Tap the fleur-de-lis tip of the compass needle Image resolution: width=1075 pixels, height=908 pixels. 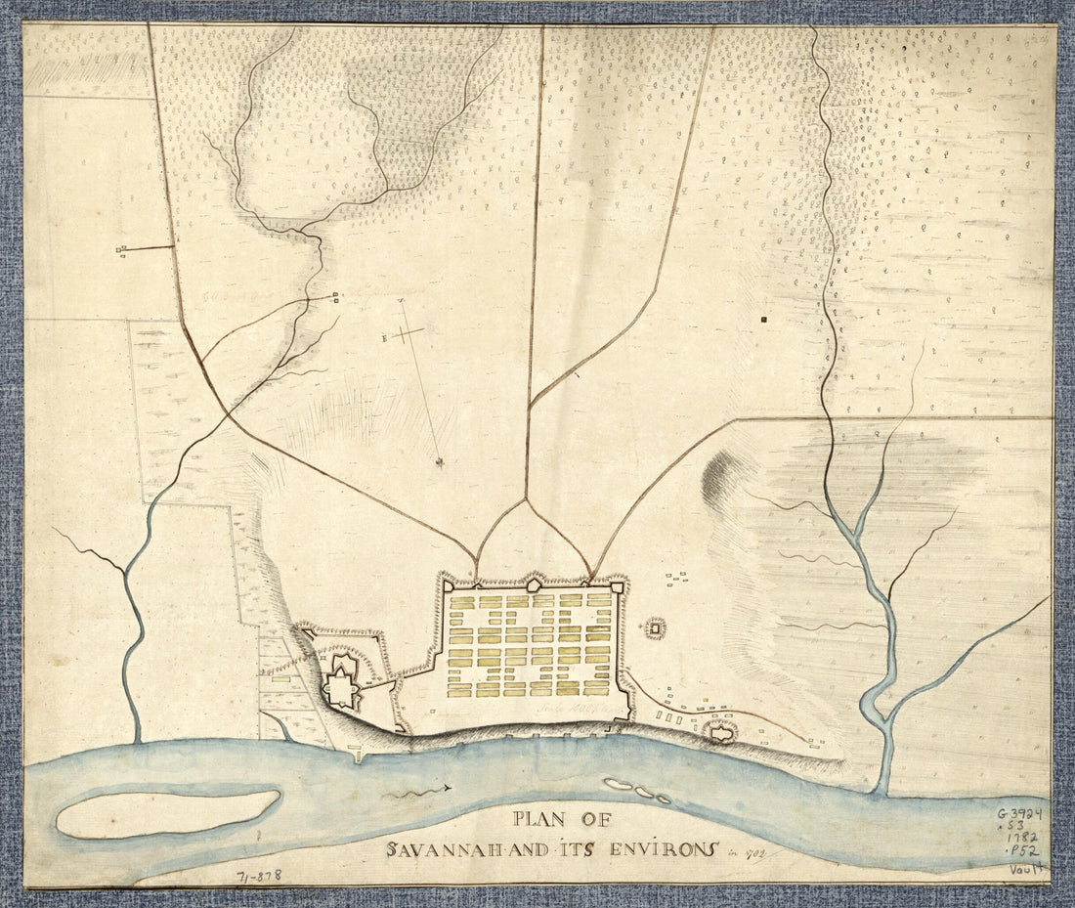[x=440, y=461]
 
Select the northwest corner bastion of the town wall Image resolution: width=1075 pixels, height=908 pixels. [x=447, y=586]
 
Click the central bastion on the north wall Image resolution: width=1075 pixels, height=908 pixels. [x=534, y=584]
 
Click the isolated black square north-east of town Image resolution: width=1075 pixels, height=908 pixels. [x=765, y=319]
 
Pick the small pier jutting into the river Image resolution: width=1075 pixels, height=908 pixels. [x=356, y=754]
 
